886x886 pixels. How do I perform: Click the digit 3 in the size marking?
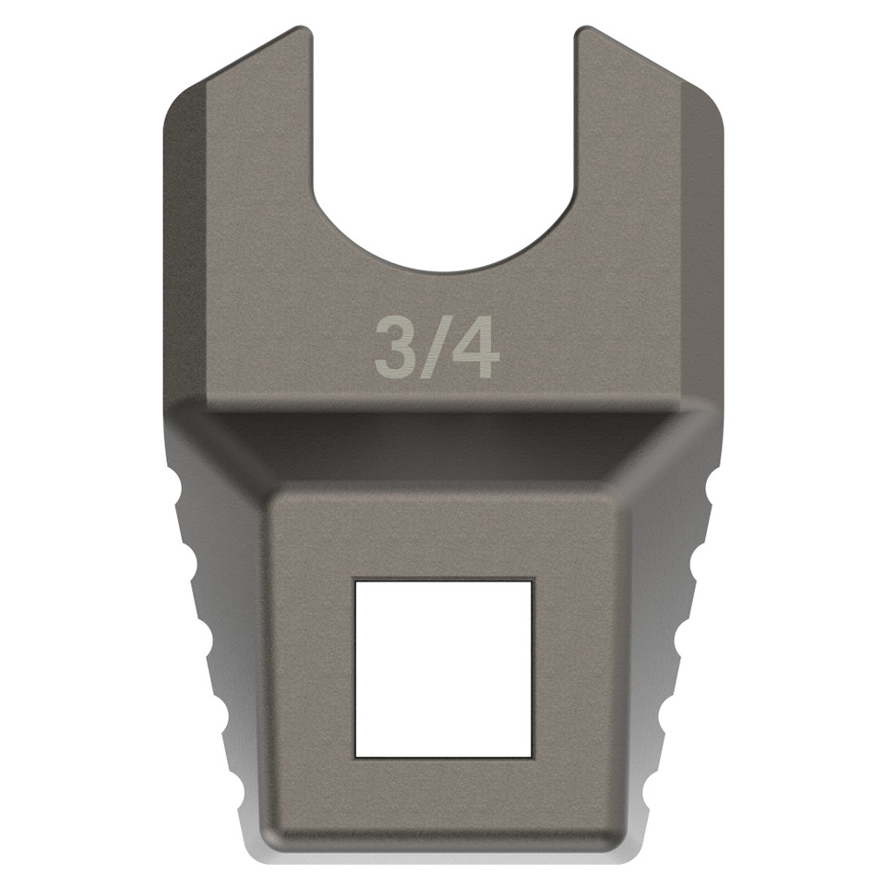tap(395, 349)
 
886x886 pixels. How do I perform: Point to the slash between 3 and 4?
tap(435, 349)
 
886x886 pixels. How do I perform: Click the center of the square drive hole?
tap(444, 668)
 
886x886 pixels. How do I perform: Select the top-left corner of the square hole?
tap(356, 581)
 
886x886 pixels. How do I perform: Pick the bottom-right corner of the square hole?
tap(532, 756)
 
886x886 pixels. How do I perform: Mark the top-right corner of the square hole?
tap(532, 581)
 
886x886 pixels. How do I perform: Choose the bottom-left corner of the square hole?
tap(356, 756)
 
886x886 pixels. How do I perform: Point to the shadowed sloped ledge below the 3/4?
tap(443, 443)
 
